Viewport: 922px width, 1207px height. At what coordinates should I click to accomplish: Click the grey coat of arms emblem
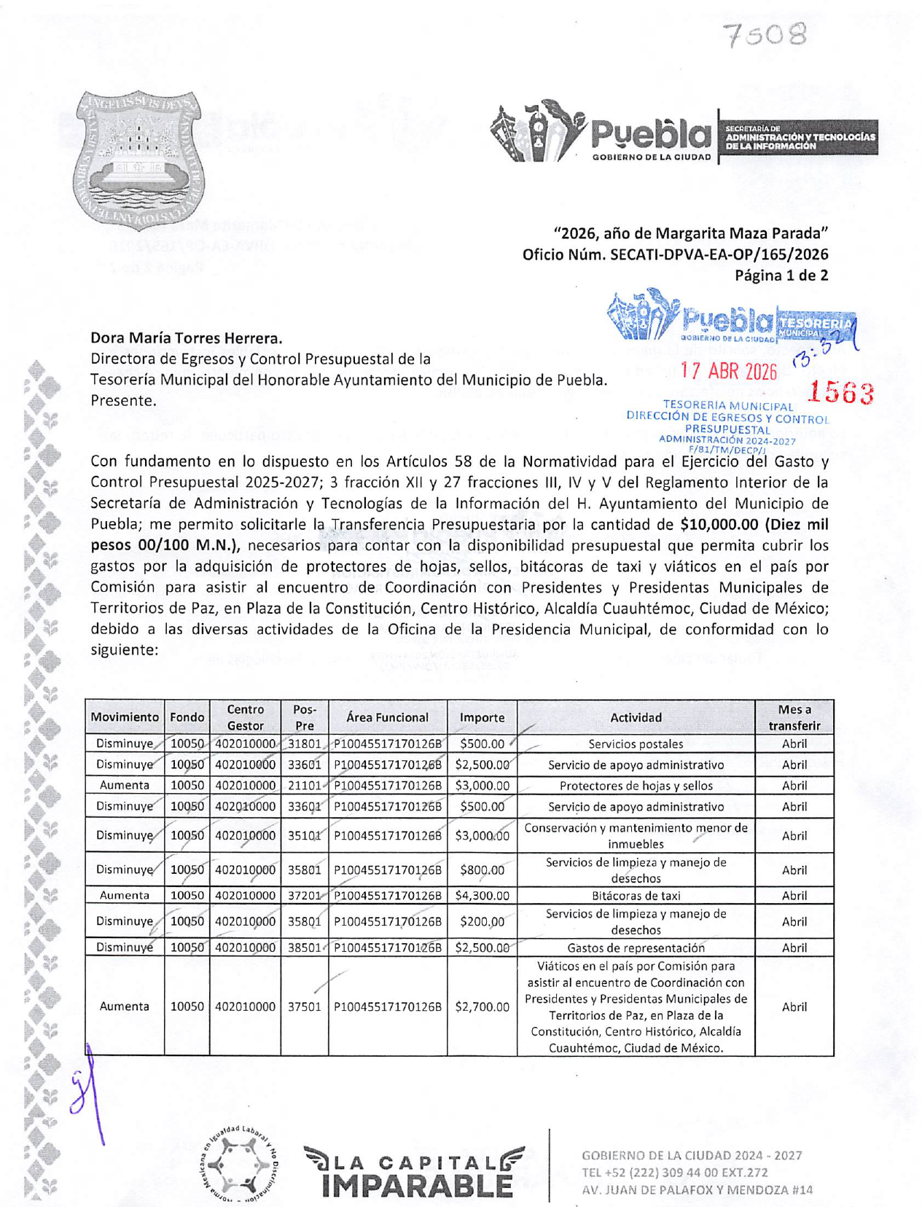click(138, 158)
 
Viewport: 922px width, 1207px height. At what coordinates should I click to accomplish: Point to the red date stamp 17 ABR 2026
click(728, 371)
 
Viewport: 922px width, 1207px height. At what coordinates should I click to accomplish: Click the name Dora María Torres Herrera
click(186, 338)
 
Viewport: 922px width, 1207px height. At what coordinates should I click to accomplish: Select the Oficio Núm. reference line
click(675, 254)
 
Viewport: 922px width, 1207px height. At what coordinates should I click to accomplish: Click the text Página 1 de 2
click(781, 276)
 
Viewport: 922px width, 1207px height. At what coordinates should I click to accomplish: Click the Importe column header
click(482, 718)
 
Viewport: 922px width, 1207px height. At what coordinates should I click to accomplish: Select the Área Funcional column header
click(387, 718)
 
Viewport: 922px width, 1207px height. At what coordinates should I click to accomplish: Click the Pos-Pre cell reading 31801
click(304, 744)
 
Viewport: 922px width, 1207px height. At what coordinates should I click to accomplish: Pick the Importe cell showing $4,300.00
click(482, 896)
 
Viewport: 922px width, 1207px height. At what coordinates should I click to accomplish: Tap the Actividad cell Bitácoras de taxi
click(636, 896)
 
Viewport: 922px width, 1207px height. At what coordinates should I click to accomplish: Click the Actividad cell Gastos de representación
click(636, 948)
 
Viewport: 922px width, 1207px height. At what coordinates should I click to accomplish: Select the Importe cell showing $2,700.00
click(482, 1007)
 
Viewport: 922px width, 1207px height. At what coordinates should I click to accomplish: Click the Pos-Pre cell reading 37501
click(304, 1007)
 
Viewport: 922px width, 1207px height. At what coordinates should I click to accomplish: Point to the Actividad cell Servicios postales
click(636, 744)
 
